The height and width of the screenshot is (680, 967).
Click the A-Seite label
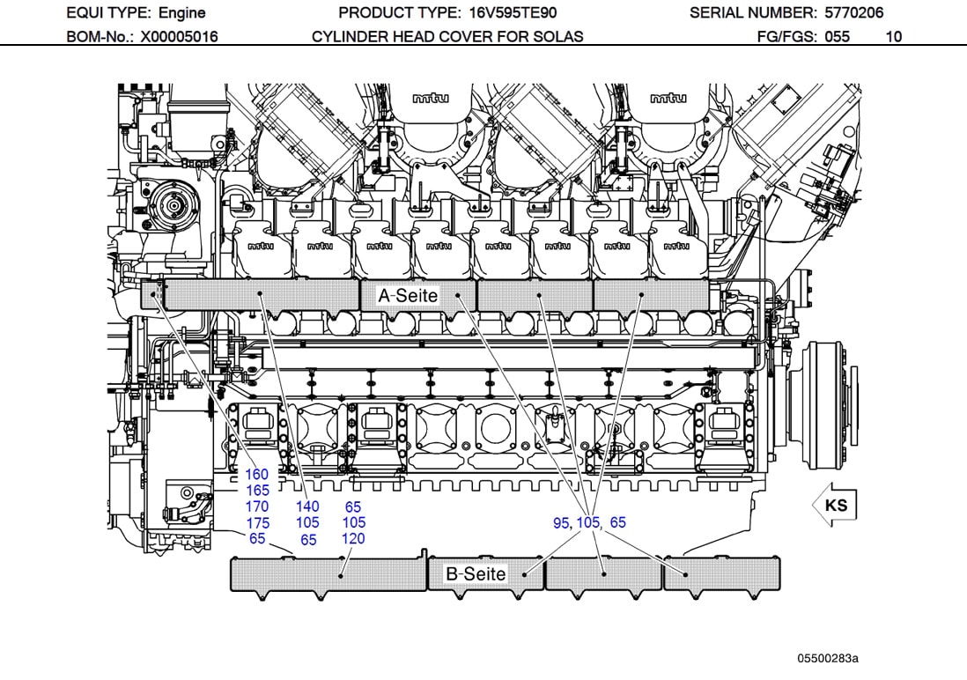408,296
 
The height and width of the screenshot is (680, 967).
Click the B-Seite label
476,574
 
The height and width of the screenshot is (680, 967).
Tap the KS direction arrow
833,506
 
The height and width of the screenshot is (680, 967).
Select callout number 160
257,475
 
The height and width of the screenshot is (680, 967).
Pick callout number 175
257,523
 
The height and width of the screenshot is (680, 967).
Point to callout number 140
307,506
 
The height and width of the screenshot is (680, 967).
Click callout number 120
353,539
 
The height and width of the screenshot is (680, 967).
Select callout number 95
562,523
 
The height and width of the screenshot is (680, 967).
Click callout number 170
257,507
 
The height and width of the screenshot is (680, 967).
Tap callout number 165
257,491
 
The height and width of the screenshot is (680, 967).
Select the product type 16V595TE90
509,12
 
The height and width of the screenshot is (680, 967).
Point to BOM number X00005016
179,37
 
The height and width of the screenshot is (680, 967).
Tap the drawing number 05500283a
828,658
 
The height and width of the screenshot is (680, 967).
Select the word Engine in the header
181,12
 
